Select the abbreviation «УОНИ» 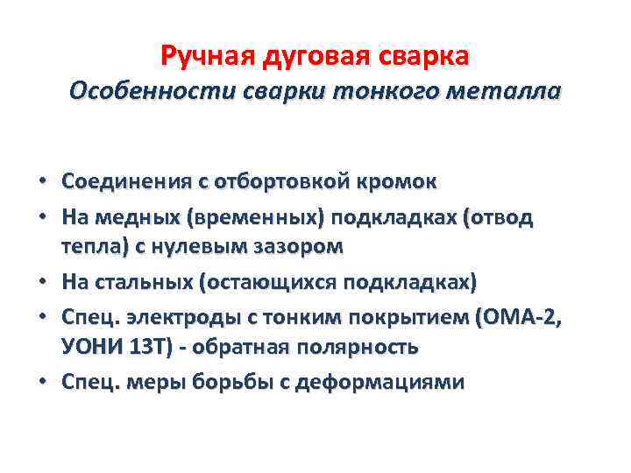(90, 347)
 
